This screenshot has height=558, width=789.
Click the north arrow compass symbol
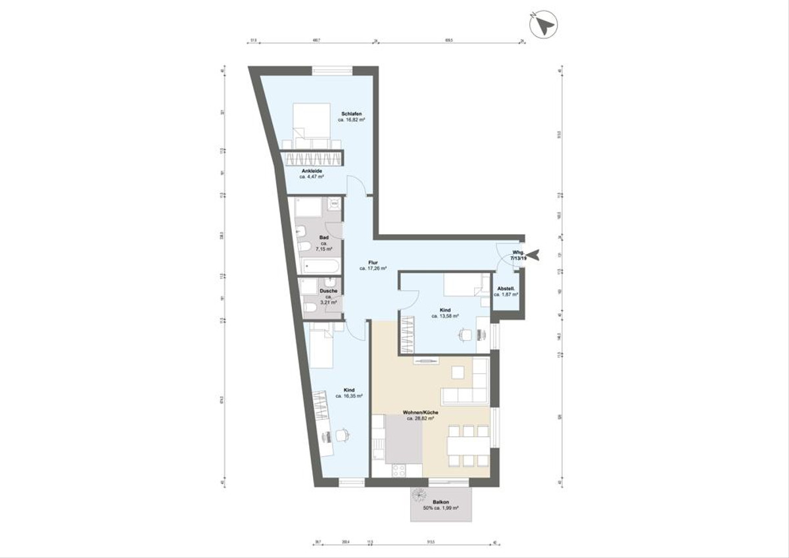[544, 25]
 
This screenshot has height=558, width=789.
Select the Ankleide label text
[312, 171]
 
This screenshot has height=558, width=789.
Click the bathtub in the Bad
[319, 266]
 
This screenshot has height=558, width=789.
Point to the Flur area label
[372, 261]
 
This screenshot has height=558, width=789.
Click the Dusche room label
[329, 291]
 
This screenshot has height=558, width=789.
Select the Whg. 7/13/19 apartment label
[519, 256]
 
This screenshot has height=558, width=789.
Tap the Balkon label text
[441, 501]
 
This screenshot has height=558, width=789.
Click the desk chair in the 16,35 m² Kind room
[341, 434]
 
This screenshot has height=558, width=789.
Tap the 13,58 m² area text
[445, 316]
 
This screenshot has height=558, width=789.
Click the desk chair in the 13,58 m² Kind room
[466, 334]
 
